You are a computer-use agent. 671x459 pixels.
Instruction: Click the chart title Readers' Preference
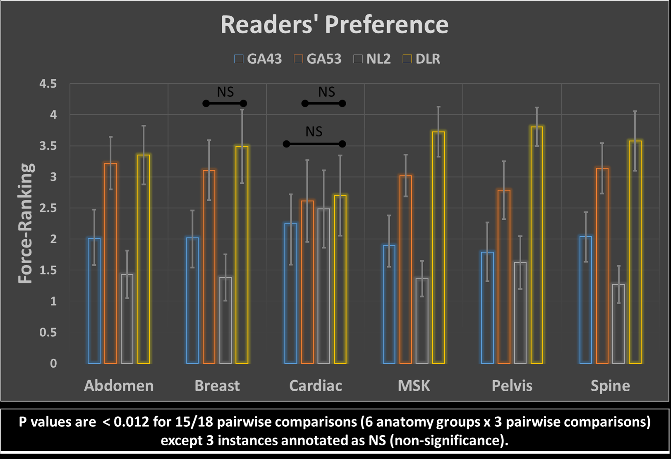(334, 24)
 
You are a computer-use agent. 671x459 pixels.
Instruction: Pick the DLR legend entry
(422, 59)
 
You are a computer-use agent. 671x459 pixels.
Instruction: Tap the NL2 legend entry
(372, 59)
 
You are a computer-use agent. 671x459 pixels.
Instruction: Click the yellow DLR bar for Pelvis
(537, 248)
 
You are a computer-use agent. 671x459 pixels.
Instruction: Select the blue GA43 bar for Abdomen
(94, 302)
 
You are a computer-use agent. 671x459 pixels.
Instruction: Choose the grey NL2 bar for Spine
(618, 324)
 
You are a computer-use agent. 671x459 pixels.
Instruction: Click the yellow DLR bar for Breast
(242, 256)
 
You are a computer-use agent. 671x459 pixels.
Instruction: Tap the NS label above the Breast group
(225, 92)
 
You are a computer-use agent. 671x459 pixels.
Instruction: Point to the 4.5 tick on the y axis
(48, 84)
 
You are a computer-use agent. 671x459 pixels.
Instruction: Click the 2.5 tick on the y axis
(48, 208)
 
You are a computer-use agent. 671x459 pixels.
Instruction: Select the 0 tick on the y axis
(53, 364)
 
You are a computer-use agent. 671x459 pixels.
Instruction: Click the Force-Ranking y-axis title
(26, 223)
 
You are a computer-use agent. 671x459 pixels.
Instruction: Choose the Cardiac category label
(316, 386)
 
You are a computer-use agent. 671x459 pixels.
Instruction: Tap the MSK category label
(414, 386)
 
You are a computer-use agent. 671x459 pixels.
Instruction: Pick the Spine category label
(610, 386)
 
